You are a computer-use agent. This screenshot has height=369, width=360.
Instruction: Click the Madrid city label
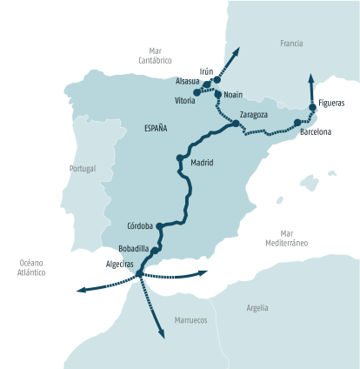click(202, 163)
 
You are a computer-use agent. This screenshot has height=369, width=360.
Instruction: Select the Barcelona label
click(315, 132)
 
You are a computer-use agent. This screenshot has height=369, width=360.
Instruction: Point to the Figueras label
click(331, 103)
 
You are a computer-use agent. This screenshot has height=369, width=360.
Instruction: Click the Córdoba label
click(140, 225)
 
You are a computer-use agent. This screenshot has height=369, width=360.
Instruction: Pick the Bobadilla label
click(132, 248)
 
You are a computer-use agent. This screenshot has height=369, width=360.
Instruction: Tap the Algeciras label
click(119, 264)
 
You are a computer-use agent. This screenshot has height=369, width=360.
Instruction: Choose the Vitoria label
click(184, 101)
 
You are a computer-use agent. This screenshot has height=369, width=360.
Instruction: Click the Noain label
click(233, 94)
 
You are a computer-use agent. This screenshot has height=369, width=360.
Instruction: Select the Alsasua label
click(187, 81)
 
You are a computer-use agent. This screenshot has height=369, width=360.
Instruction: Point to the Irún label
click(206, 71)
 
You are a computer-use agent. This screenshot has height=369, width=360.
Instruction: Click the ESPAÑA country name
click(156, 128)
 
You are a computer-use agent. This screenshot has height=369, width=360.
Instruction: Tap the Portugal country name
click(83, 169)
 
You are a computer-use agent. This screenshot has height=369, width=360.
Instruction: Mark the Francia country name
click(291, 43)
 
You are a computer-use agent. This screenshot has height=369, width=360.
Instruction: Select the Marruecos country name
click(190, 320)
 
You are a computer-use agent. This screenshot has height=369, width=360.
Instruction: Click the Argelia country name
click(257, 308)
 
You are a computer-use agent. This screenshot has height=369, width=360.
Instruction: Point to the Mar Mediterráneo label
click(286, 238)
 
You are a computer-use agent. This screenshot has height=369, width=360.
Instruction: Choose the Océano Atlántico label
click(30, 267)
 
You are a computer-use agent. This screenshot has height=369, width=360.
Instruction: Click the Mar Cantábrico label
click(156, 56)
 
